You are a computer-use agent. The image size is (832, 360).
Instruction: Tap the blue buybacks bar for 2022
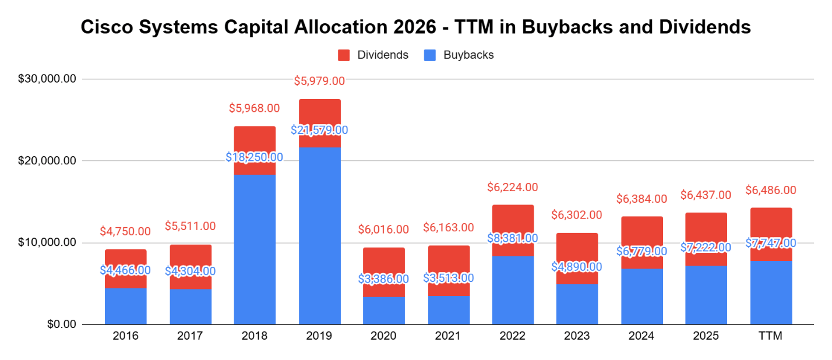pos(513,291)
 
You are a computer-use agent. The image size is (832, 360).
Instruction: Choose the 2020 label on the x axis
pos(383,336)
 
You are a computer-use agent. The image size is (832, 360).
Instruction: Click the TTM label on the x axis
pos(771,336)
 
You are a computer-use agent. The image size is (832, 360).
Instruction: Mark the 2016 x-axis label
pos(125,336)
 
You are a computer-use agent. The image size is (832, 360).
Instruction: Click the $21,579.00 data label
pos(319,130)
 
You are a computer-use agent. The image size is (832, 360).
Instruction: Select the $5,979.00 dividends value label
pos(319,81)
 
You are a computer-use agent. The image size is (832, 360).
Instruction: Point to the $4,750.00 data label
pos(125,231)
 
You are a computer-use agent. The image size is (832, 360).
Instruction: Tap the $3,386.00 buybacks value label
pos(383,278)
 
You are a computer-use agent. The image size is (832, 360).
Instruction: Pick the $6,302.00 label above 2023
pos(577,215)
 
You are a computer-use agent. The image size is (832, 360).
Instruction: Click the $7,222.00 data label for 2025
pos(706,248)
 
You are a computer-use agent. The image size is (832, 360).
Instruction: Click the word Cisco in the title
pos(104,27)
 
